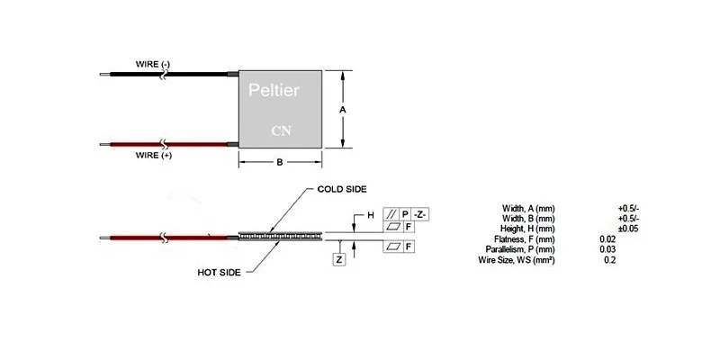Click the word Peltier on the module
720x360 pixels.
274,91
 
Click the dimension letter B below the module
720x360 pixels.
279,162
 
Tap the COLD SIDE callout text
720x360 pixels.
342,190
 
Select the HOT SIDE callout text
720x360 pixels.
220,271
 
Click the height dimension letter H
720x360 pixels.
369,215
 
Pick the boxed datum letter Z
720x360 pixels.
338,259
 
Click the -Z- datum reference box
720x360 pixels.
419,214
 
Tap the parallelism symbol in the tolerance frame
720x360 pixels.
391,214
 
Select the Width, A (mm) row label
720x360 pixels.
528,209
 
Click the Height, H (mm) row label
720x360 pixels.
527,229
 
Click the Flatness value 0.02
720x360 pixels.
607,238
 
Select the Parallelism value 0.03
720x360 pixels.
607,249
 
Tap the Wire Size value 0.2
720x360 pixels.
610,259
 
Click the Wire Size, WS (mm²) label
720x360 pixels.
517,259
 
